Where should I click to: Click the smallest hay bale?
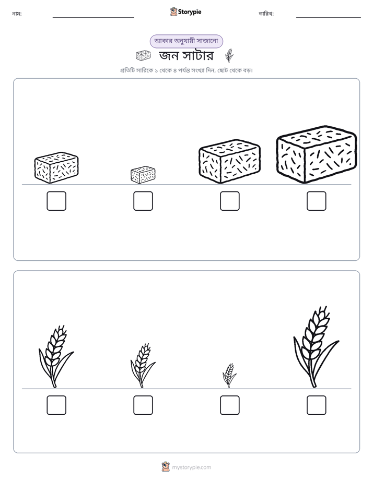pyautogui.click(x=143, y=175)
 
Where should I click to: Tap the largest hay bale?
pyautogui.click(x=317, y=154)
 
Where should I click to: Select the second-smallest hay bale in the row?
pyautogui.click(x=56, y=167)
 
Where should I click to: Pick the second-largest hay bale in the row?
pyautogui.click(x=229, y=161)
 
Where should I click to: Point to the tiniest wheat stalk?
pyautogui.click(x=229, y=375)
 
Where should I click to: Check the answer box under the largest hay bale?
pyautogui.click(x=317, y=201)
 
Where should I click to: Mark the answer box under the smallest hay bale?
pyautogui.click(x=143, y=201)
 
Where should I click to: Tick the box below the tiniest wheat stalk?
pyautogui.click(x=229, y=405)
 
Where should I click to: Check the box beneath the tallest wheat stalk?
pyautogui.click(x=317, y=405)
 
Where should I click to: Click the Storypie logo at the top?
pyautogui.click(x=185, y=11)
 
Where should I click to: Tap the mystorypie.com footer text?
pyautogui.click(x=191, y=467)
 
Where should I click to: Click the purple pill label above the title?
pyautogui.click(x=186, y=41)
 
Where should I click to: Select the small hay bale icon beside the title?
pyautogui.click(x=143, y=56)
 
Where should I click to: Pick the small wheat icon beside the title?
pyautogui.click(x=229, y=56)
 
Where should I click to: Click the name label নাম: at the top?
pyautogui.click(x=17, y=14)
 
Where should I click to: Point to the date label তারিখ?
pyautogui.click(x=266, y=14)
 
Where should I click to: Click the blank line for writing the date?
pyautogui.click(x=329, y=18)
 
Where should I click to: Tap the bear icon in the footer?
pyautogui.click(x=166, y=467)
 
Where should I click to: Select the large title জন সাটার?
pyautogui.click(x=186, y=56)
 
